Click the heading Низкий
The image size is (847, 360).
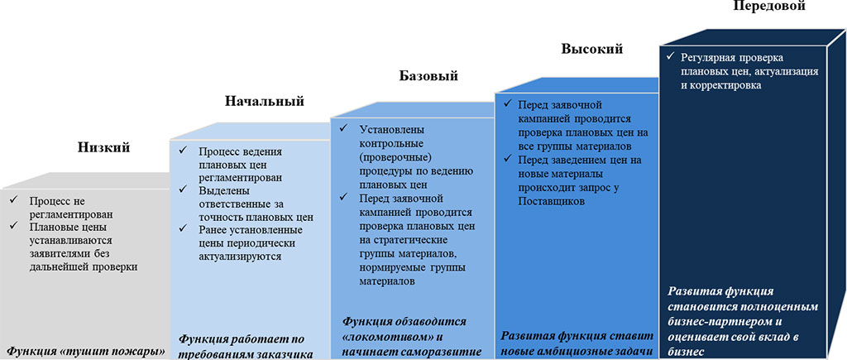pyautogui.click(x=103, y=147)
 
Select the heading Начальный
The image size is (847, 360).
pyautogui.click(x=264, y=101)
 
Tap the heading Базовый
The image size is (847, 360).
pyautogui.click(x=428, y=75)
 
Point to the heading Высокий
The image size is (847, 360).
pyautogui.click(x=592, y=49)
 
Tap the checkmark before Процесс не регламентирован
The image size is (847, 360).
pyautogui.click(x=12, y=200)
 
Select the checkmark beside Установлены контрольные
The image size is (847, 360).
pyautogui.click(x=343, y=129)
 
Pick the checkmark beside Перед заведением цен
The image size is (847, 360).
pyautogui.click(x=507, y=159)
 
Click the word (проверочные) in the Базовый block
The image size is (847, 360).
pyautogui.click(x=390, y=158)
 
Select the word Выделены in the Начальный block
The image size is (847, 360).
pyautogui.click(x=218, y=191)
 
